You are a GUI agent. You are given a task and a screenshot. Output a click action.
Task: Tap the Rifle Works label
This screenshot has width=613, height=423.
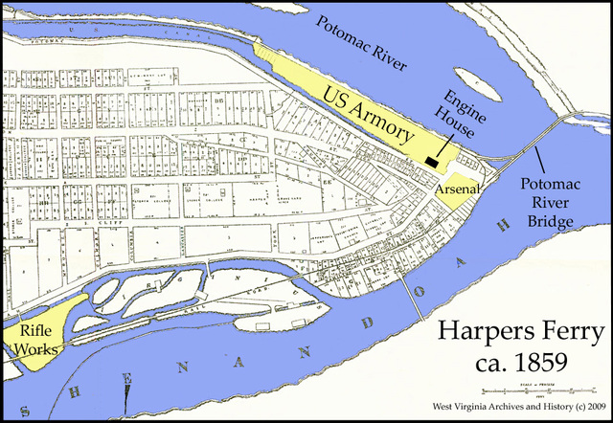point(32,340)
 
